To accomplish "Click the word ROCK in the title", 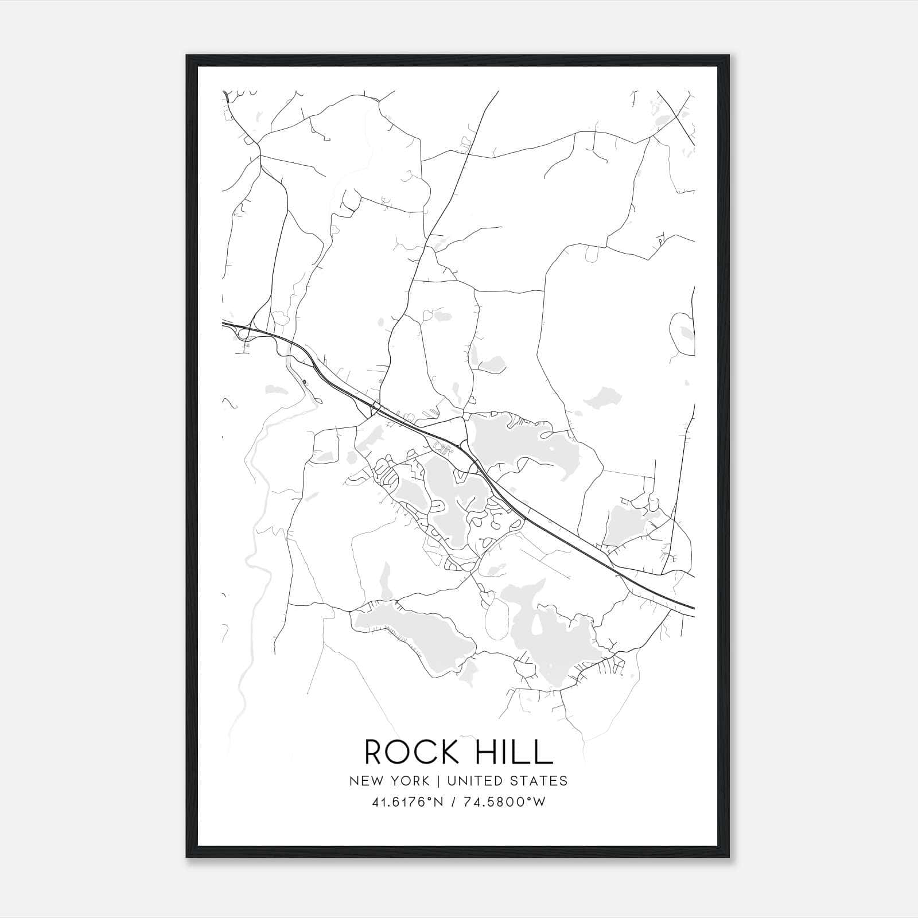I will coord(407,752).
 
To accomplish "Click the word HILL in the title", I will coord(510,752).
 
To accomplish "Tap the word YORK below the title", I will coord(409,781).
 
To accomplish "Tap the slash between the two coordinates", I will coord(454,802).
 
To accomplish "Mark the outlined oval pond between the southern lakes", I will coord(497,620).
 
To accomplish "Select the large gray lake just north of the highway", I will coord(516,442).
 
